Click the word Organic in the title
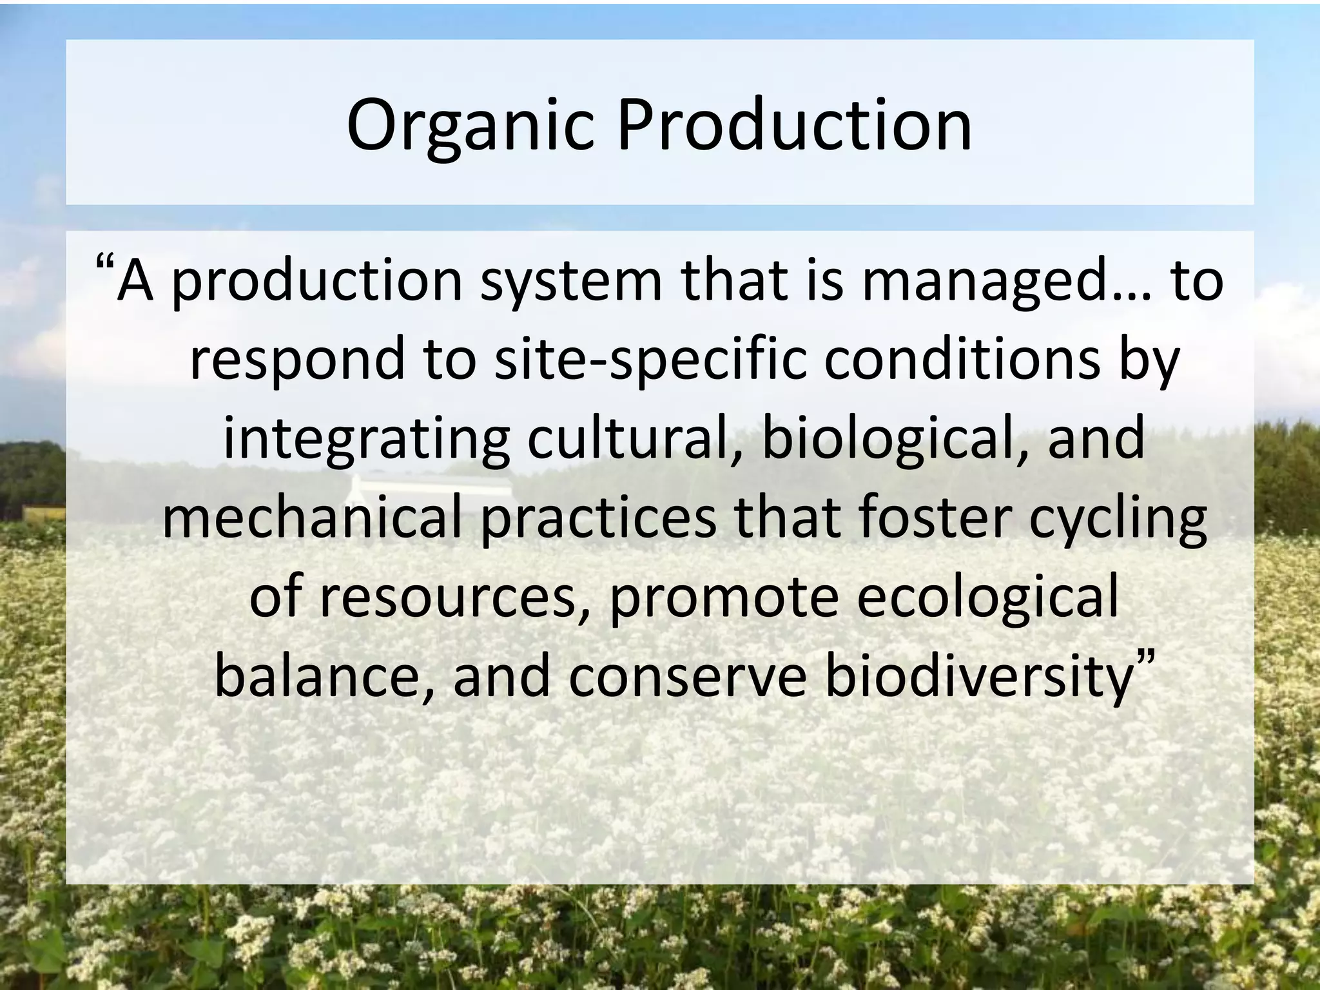tap(470, 126)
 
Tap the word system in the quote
tap(571, 282)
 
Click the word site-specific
tap(650, 360)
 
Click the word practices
tap(599, 519)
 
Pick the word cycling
tap(1118, 519)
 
